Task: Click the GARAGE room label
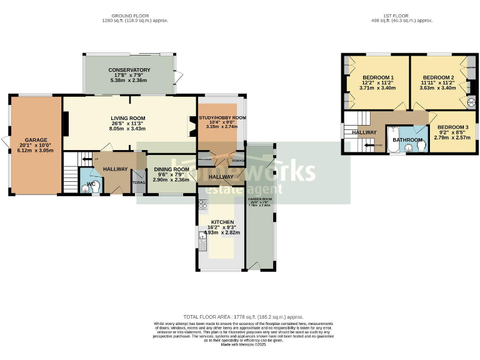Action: point(36,140)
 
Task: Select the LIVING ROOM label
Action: point(128,118)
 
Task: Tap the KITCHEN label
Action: point(222,222)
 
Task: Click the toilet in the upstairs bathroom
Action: point(422,146)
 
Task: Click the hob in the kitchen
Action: point(202,204)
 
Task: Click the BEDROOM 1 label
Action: point(374,77)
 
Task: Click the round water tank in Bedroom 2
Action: point(472,102)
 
